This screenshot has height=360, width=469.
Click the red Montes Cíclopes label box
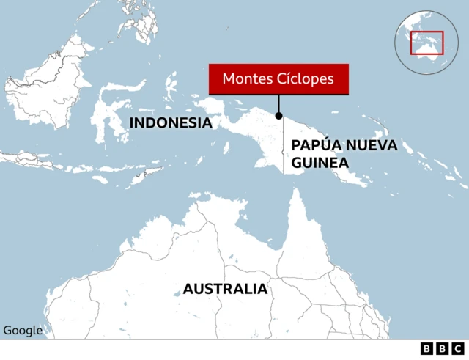click(278, 78)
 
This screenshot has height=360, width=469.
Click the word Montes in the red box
click(245, 78)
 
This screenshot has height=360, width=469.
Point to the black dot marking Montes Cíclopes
click(278, 115)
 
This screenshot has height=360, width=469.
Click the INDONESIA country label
click(170, 122)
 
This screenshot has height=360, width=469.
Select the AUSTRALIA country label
click(225, 289)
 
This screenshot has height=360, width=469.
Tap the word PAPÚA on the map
click(315, 145)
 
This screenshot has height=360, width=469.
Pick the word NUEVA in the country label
click(370, 145)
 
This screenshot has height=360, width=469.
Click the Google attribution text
click(23, 331)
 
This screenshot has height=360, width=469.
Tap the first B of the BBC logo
click(426, 349)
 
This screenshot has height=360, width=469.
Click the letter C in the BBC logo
click(457, 349)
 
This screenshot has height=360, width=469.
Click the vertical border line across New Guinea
click(284, 147)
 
